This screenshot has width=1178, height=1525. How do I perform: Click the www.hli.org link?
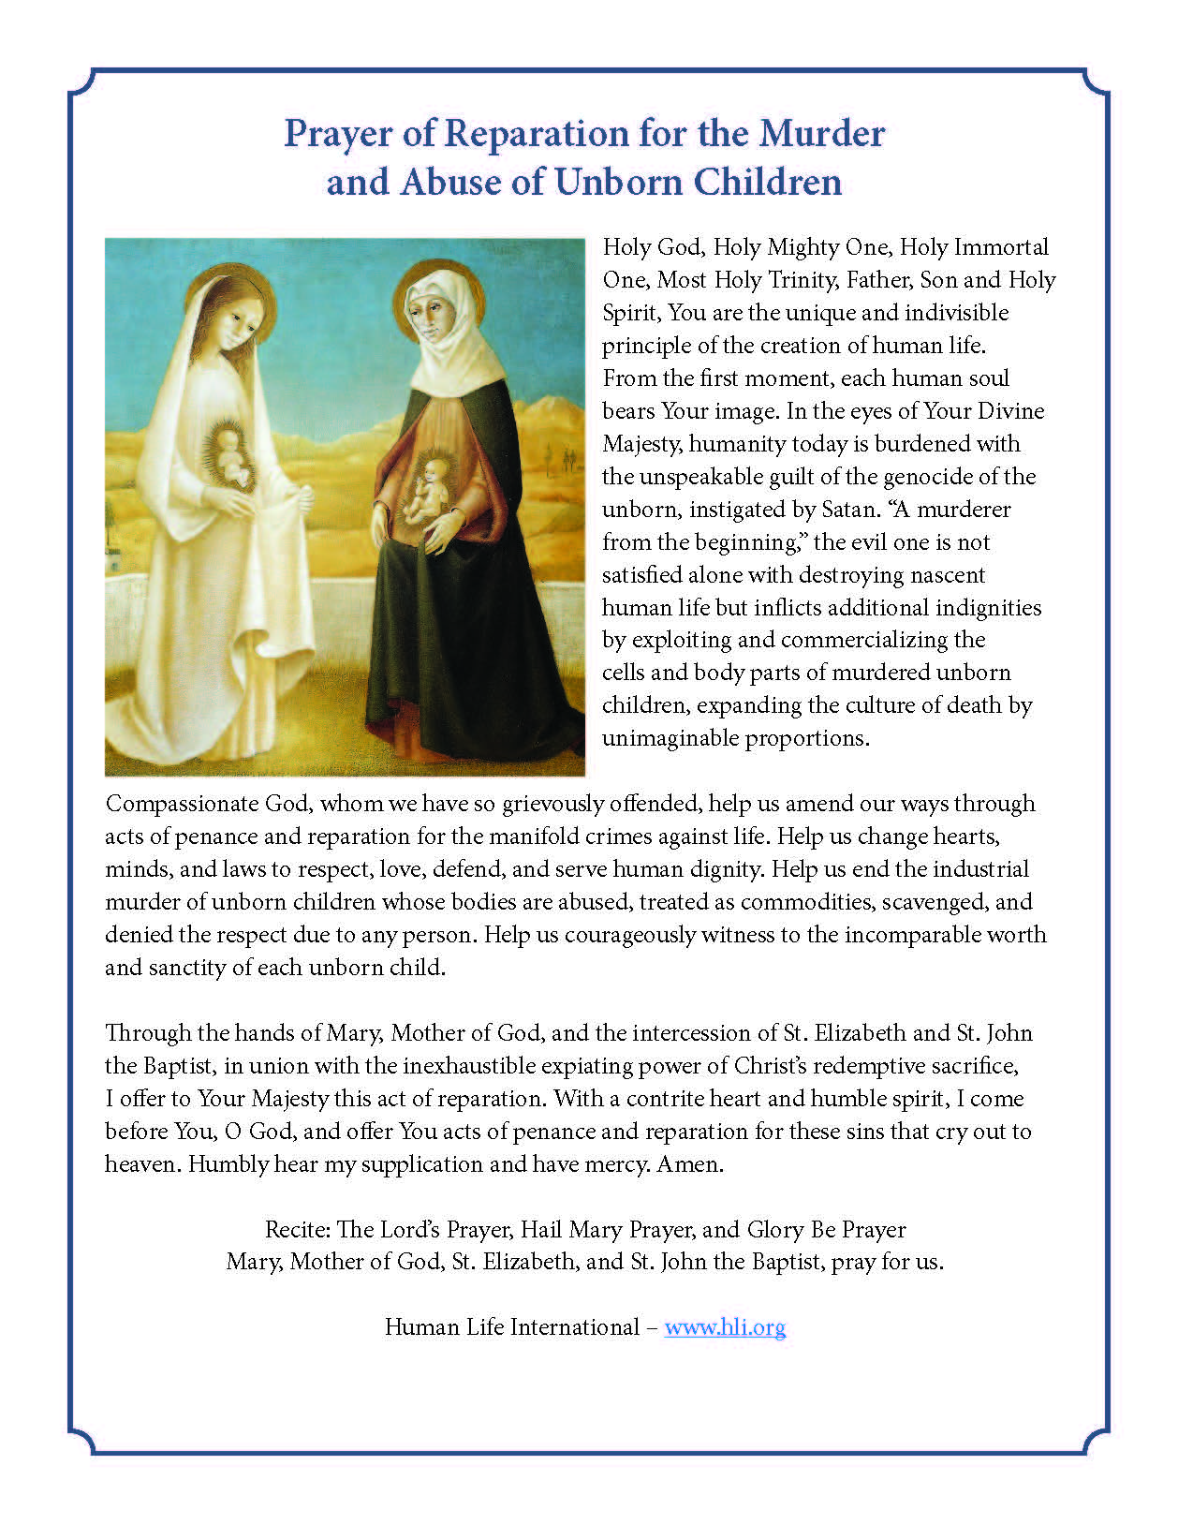point(725,1326)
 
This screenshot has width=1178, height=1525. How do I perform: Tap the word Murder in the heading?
point(822,133)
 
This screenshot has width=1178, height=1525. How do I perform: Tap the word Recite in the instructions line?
point(296,1229)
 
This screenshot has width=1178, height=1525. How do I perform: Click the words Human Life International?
point(511,1326)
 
